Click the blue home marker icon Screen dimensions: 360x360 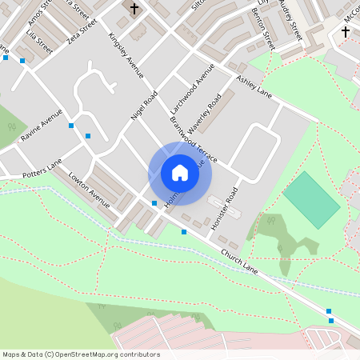tap(180, 173)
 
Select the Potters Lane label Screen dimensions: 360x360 tap(42, 167)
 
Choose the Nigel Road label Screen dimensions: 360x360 tap(144, 106)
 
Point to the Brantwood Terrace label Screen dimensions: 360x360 tap(194, 139)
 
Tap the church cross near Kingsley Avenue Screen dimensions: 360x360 tap(134, 9)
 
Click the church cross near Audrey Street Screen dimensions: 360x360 tap(346, 31)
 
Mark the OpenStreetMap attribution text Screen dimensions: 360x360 tap(81, 354)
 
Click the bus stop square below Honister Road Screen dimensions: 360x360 tap(184, 232)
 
